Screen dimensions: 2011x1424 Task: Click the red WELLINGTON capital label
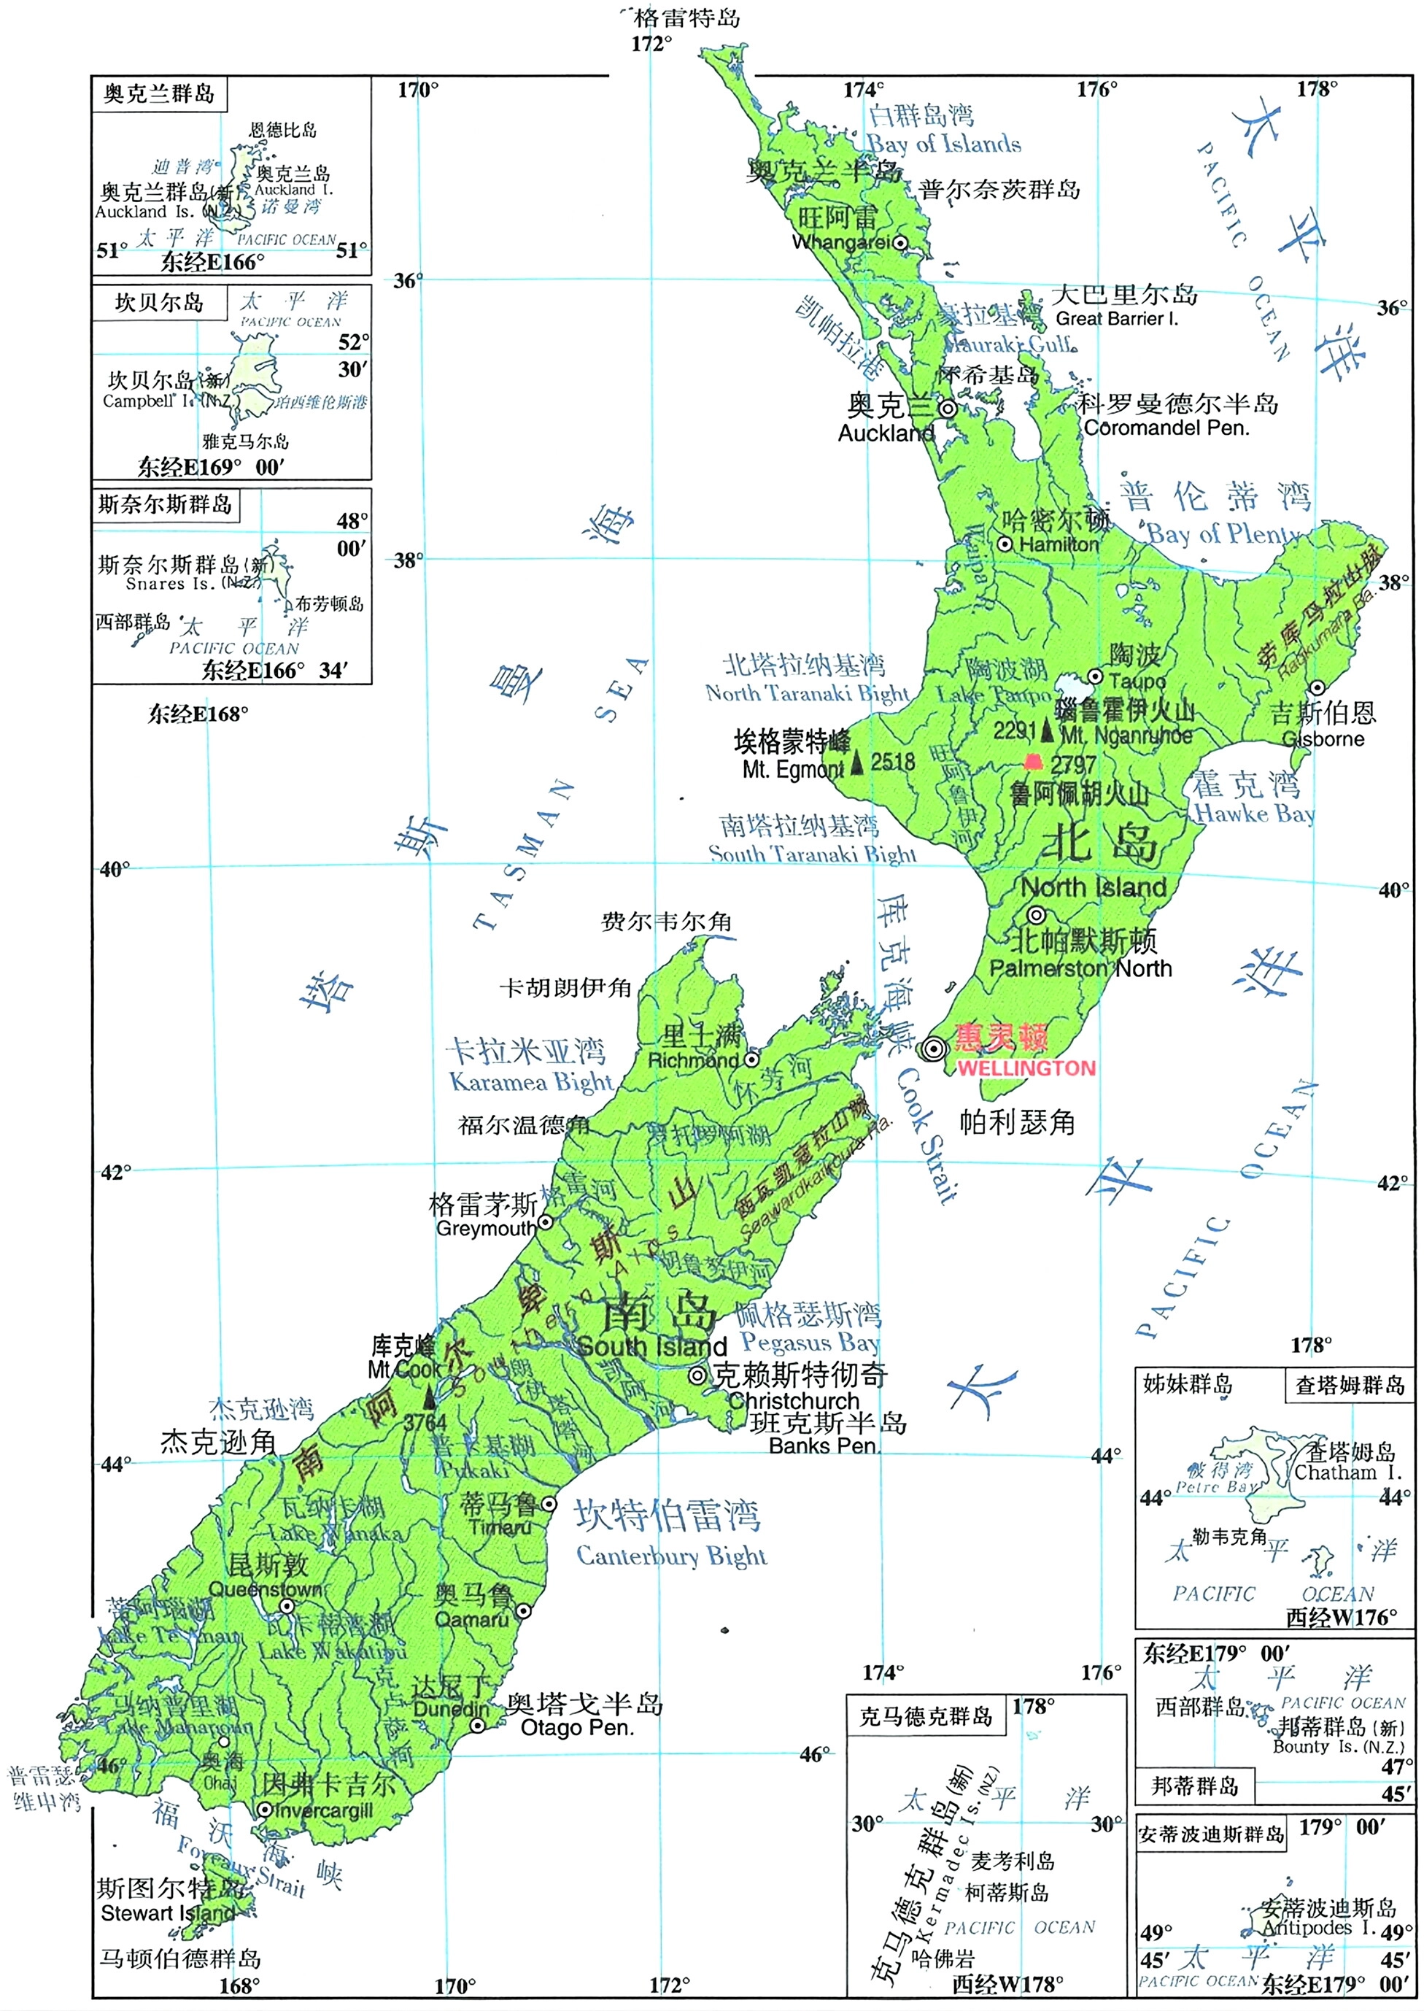coord(1026,1068)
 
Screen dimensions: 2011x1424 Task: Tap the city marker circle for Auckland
coord(948,409)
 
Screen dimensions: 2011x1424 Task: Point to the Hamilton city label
coord(1059,544)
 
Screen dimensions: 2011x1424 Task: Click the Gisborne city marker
coord(1317,687)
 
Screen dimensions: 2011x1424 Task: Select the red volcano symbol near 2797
coord(1034,761)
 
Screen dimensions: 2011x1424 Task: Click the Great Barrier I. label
coord(1117,319)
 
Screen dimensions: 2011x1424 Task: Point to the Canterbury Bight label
coord(671,1556)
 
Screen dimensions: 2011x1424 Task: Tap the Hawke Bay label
coord(1254,813)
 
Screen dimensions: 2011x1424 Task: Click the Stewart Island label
coord(168,1912)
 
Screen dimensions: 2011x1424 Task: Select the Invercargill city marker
coord(265,1810)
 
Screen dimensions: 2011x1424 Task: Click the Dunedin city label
coord(451,1710)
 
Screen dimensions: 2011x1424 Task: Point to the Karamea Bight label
coord(530,1082)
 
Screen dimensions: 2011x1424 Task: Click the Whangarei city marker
coord(899,242)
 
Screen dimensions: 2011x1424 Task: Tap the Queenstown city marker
coord(287,1607)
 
